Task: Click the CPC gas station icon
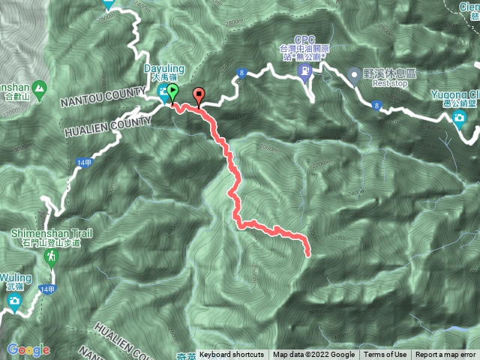click(305, 71)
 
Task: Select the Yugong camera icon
click(459, 117)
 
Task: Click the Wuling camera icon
click(13, 301)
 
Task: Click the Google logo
click(28, 349)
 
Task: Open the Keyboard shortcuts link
click(232, 355)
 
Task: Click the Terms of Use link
click(385, 355)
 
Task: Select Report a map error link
click(445, 355)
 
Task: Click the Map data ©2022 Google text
click(313, 355)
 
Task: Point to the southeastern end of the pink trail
click(308, 255)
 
